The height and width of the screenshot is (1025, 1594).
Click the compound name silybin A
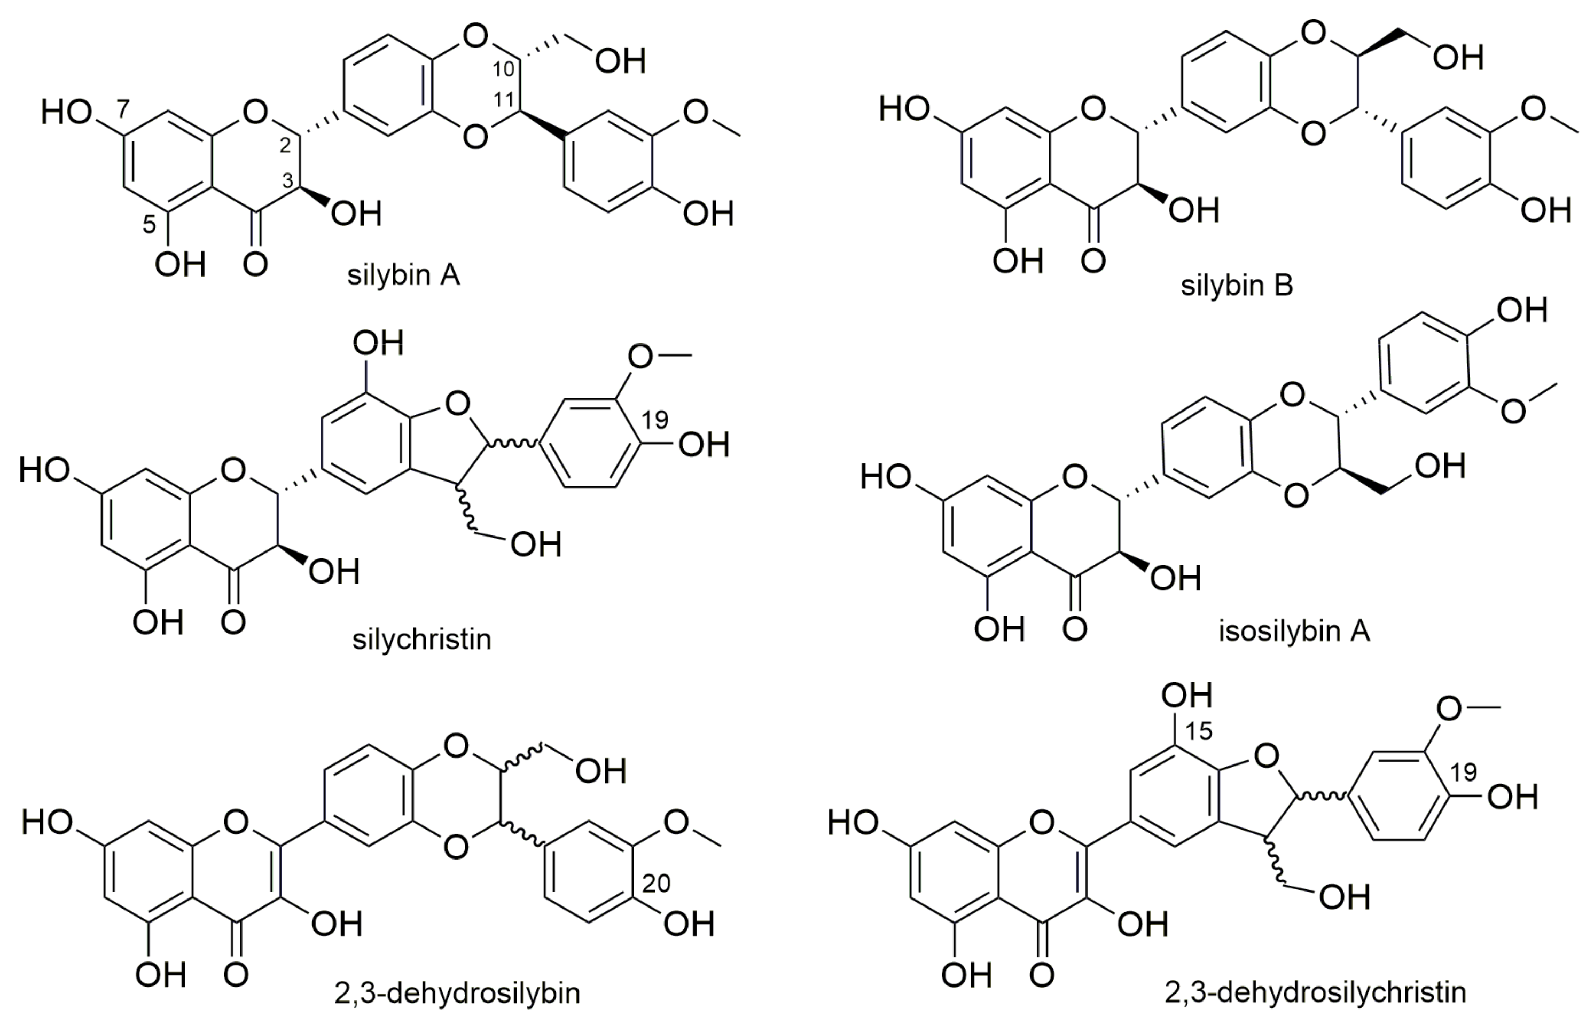(x=403, y=275)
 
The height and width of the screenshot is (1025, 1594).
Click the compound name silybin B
(x=1237, y=286)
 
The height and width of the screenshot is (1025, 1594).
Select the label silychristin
(x=421, y=639)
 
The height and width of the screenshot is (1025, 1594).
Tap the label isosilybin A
(x=1294, y=631)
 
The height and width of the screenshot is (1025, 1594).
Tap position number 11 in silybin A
(x=504, y=100)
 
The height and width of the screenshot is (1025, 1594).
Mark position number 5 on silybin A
(x=149, y=225)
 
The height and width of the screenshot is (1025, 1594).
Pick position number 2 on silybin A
(x=285, y=146)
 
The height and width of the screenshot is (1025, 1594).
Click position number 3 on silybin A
(x=287, y=181)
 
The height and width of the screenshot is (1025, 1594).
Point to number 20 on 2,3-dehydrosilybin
(x=656, y=883)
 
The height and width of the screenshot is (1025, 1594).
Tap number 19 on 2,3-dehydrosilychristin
(x=1463, y=772)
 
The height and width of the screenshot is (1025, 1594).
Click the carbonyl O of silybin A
(x=255, y=264)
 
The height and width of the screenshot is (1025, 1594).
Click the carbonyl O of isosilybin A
(x=1075, y=628)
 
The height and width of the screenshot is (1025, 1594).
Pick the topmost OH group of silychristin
(x=378, y=343)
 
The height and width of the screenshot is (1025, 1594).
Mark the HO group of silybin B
(x=903, y=108)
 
